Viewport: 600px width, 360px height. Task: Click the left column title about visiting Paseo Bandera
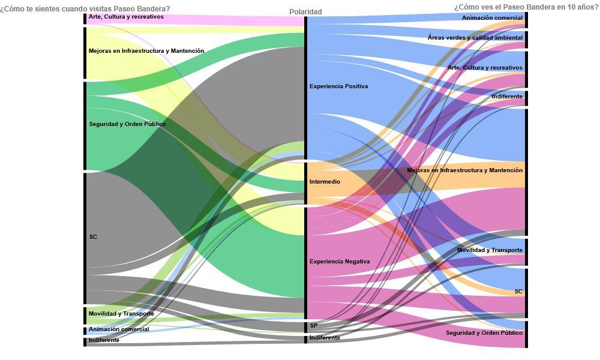tap(85, 9)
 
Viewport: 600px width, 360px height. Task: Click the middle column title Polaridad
tap(305, 12)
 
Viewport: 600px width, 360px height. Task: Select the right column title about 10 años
tap(526, 7)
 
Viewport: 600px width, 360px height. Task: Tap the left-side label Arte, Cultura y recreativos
tap(126, 17)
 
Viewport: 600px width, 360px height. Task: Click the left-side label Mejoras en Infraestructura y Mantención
tap(146, 51)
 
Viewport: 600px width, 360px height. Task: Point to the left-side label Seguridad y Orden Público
tap(127, 124)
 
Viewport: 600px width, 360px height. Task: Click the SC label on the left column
tap(93, 237)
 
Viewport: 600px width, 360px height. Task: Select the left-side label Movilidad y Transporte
tap(121, 314)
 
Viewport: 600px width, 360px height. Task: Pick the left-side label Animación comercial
tap(119, 329)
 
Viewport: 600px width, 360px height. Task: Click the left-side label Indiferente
tap(104, 340)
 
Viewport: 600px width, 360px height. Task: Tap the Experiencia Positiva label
tap(338, 86)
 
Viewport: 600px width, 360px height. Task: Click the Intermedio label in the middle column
tap(325, 182)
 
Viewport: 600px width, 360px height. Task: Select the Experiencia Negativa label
tap(340, 262)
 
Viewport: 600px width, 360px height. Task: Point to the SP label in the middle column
tap(314, 326)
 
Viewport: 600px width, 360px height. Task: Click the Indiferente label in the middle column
tap(325, 338)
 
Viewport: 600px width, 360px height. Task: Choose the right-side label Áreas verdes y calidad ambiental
tap(475, 37)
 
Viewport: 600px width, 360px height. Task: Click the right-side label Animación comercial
tap(492, 18)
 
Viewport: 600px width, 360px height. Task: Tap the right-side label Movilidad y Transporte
tap(490, 250)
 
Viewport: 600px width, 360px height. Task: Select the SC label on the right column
tap(518, 292)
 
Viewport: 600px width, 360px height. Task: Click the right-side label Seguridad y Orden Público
tap(484, 333)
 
